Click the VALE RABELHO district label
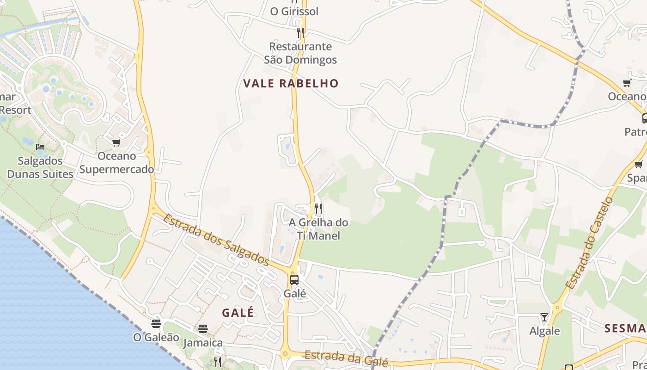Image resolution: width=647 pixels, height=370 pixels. (x=291, y=84)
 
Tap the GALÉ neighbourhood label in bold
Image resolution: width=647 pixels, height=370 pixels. (x=238, y=313)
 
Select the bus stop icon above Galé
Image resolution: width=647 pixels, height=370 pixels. (x=294, y=279)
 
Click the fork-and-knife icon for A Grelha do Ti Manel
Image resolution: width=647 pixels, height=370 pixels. (x=318, y=209)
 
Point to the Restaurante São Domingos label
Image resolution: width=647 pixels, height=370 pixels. (x=300, y=53)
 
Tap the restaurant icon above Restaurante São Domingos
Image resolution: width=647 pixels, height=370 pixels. (x=300, y=32)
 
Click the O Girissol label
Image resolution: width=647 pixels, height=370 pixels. (x=294, y=12)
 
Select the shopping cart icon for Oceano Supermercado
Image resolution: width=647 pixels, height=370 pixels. (x=116, y=142)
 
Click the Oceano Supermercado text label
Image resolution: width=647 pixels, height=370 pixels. (x=116, y=163)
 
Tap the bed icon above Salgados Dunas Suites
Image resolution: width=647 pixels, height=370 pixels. (x=40, y=147)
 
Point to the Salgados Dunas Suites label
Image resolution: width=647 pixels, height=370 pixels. (x=40, y=167)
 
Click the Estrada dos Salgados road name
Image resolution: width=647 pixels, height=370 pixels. (x=216, y=240)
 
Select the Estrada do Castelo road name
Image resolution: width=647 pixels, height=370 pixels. (x=589, y=243)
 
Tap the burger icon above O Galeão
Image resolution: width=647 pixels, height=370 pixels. (x=156, y=323)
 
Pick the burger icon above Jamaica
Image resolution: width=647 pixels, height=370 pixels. (x=203, y=329)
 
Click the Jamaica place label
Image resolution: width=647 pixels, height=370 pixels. (x=203, y=343)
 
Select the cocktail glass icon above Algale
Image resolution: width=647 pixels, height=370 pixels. (x=544, y=317)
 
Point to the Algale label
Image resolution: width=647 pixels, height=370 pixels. (x=544, y=331)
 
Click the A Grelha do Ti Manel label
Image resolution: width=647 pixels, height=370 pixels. (x=318, y=229)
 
